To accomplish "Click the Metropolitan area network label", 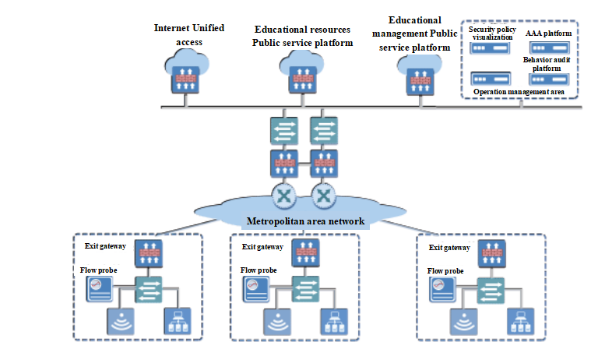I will (x=305, y=221).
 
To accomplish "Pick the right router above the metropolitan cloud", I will (x=323, y=193).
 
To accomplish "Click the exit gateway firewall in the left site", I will (x=147, y=251).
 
